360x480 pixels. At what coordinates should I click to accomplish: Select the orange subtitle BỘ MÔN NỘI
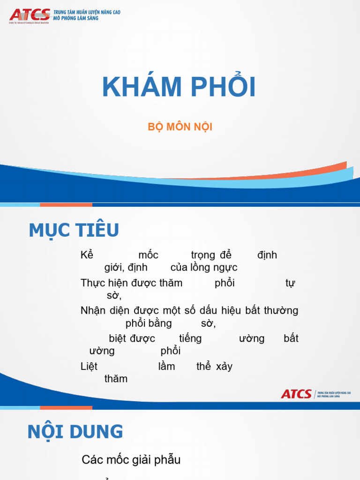pyautogui.click(x=180, y=127)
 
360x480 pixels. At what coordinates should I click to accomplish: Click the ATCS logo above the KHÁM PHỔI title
pyautogui.click(x=30, y=15)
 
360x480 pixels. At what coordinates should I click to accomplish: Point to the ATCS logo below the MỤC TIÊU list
pyautogui.click(x=296, y=394)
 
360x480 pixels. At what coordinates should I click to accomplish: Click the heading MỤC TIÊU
pyautogui.click(x=74, y=230)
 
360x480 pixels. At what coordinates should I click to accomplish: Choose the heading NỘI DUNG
pyautogui.click(x=75, y=432)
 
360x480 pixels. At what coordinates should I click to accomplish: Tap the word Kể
pyautogui.click(x=87, y=255)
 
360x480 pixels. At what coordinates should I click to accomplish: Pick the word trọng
pyautogui.click(x=203, y=255)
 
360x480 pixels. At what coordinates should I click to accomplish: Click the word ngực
pyautogui.click(x=225, y=268)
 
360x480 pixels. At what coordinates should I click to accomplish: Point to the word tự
pyautogui.click(x=290, y=284)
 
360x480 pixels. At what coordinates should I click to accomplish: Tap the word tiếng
pyautogui.click(x=190, y=338)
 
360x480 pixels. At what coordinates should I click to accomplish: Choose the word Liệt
pyautogui.click(x=89, y=366)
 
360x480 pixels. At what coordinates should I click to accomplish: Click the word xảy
pyautogui.click(x=224, y=367)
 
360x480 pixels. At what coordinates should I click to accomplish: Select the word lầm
pyautogui.click(x=166, y=367)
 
